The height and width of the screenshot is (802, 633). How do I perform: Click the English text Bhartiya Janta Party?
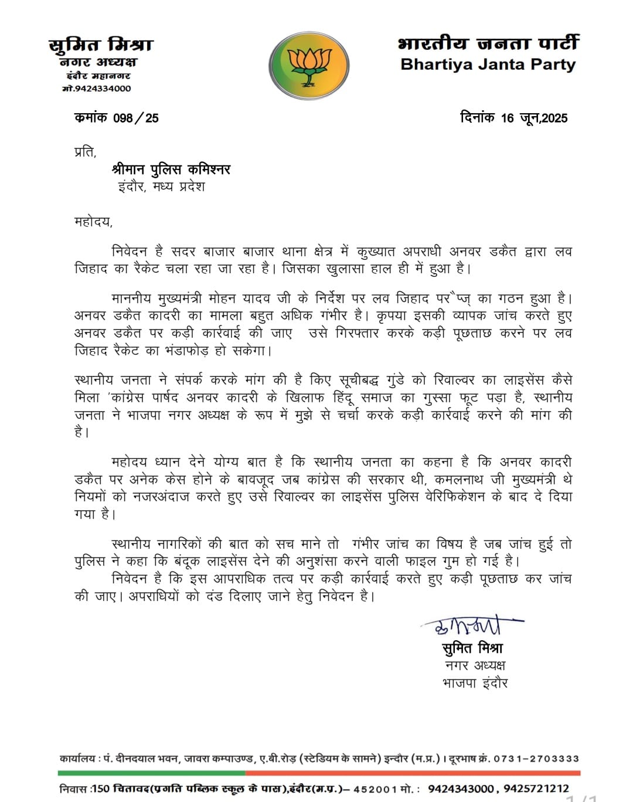pos(488,64)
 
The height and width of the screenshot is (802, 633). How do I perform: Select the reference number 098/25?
pos(136,118)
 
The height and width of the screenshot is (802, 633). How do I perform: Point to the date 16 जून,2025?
pos(534,118)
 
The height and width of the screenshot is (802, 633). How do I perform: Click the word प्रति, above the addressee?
pos(85,151)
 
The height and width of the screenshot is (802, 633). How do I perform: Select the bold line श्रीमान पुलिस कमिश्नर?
pos(171,169)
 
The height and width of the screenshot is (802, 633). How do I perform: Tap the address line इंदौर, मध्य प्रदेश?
pos(161,188)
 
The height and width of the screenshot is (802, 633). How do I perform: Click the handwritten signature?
pos(469,626)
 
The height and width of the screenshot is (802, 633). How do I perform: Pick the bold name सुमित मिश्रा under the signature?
pos(472,648)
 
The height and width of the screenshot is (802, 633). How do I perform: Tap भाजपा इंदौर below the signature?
pos(475,683)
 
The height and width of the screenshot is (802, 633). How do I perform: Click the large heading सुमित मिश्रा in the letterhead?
pos(100,45)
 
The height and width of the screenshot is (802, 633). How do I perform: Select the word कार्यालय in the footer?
pos(77,759)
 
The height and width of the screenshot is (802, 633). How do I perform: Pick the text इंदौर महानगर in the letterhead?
pos(98,76)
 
